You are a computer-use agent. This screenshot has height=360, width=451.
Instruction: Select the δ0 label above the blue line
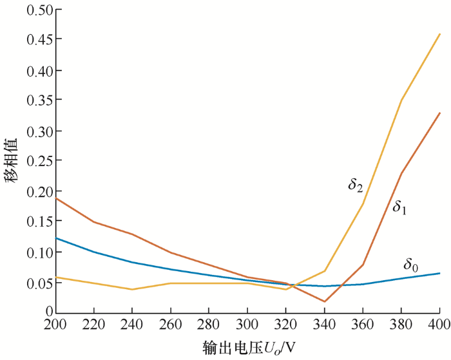[x=411, y=264]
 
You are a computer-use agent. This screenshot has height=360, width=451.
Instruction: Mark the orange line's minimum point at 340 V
[x=325, y=301]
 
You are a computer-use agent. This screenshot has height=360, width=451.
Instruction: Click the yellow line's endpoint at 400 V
[x=440, y=33]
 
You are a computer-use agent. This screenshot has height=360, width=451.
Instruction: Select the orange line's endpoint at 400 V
[x=440, y=113]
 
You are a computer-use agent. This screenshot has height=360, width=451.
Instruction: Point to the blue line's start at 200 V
[x=56, y=238]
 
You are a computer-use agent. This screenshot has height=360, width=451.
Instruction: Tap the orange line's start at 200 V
[x=56, y=198]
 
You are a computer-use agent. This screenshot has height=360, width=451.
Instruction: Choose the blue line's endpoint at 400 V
[x=440, y=273]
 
